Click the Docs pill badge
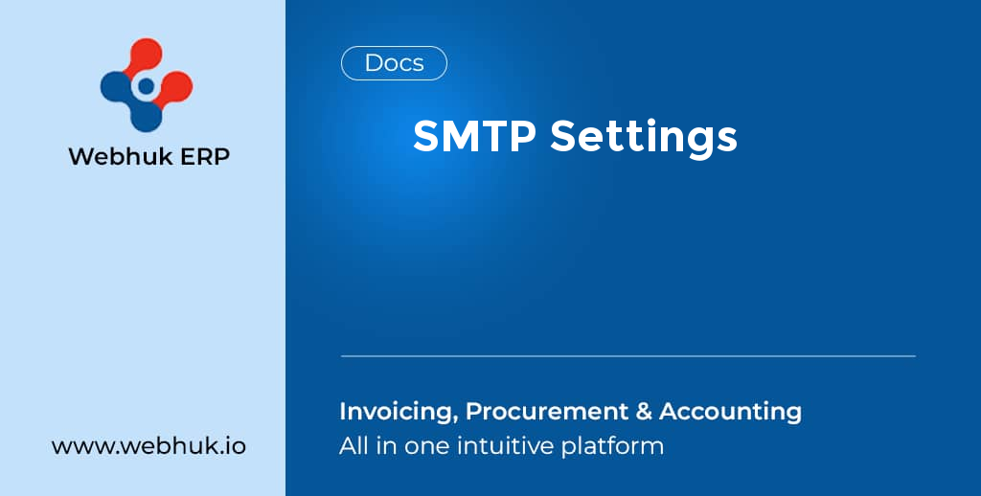pos(394,63)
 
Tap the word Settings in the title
pos(644,138)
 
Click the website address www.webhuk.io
pos(148,446)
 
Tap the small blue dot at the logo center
pos(146,86)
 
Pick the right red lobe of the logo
pos(176,86)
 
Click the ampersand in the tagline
pos(644,412)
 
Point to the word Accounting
pos(730,412)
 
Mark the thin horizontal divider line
pos(627,356)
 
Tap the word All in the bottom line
pos(353,445)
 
